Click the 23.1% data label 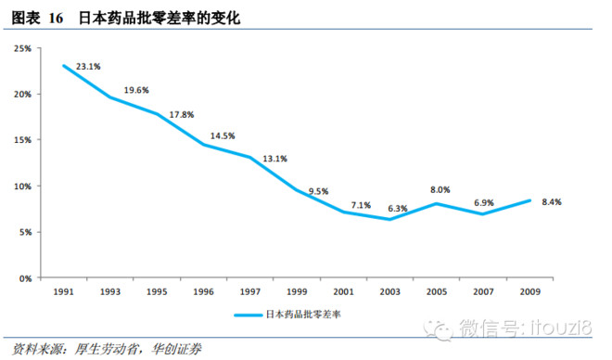tap(88, 67)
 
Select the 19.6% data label tap(135, 91)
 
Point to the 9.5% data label tap(318, 192)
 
